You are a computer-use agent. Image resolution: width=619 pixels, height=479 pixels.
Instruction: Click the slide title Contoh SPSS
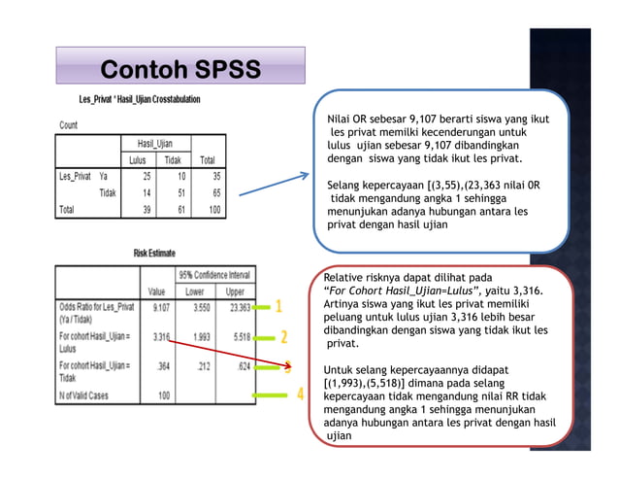[x=181, y=70]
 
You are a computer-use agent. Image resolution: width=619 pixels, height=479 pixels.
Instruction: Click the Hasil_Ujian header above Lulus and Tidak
[x=155, y=143]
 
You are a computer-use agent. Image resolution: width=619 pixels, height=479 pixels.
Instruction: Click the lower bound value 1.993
[x=201, y=337]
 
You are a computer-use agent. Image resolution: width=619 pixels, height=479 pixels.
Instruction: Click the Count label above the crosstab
[x=68, y=125]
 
